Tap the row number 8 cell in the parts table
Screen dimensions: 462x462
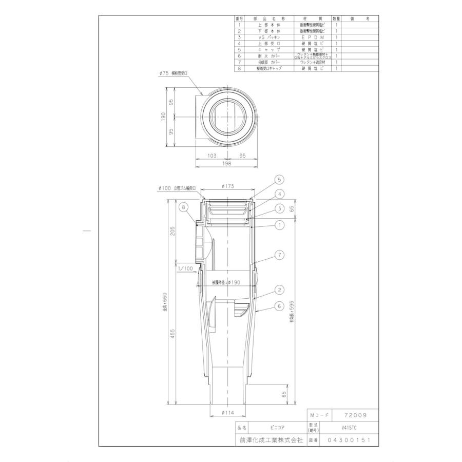[x=239, y=67]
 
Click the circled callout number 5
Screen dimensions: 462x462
[x=279, y=180]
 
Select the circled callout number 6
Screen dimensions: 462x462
[x=279, y=305]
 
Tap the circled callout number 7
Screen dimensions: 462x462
[x=279, y=254]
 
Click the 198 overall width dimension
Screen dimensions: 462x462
[x=227, y=164]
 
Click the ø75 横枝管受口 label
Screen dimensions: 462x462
[x=175, y=74]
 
